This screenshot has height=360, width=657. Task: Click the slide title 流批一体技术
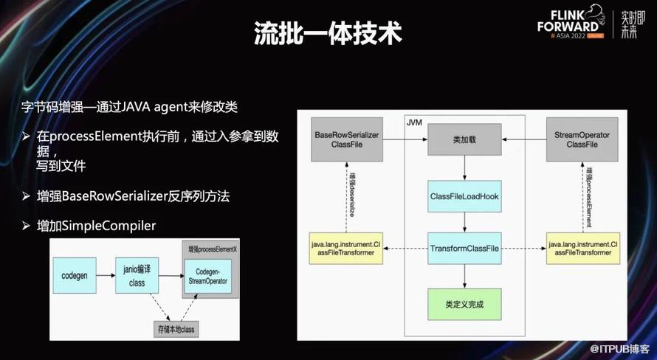[x=328, y=31]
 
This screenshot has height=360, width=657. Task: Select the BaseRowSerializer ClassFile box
[x=346, y=139]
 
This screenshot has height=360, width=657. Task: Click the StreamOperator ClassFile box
[x=581, y=139]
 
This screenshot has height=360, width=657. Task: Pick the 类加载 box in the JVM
[x=464, y=139]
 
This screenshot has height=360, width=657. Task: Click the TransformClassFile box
[x=464, y=248]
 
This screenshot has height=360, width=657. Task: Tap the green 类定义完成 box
[x=464, y=303]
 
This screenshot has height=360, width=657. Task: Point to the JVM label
[x=415, y=120]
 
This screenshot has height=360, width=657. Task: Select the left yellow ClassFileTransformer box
[x=346, y=248]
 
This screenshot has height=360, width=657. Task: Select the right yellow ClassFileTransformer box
[x=581, y=248]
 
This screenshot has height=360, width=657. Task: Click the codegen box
[x=75, y=276]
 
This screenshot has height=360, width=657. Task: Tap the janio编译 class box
[x=138, y=276]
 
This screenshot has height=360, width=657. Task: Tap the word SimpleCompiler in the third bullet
[x=108, y=225]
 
